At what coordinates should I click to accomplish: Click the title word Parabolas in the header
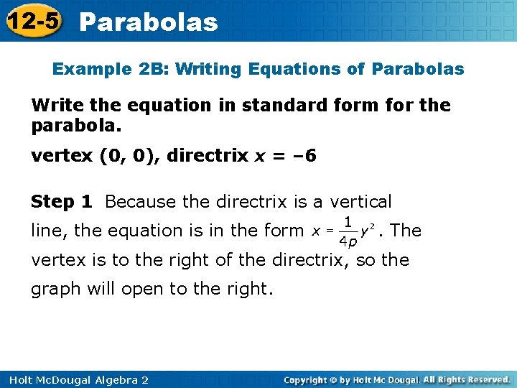pyautogui.click(x=149, y=22)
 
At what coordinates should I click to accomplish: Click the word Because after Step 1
pyautogui.click(x=141, y=202)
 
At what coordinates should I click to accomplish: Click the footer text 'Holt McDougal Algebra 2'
pyautogui.click(x=75, y=379)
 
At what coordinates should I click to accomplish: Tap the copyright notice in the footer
pyautogui.click(x=397, y=379)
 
